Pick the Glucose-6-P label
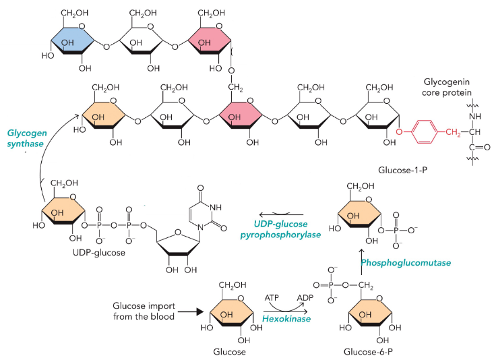point(377,352)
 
